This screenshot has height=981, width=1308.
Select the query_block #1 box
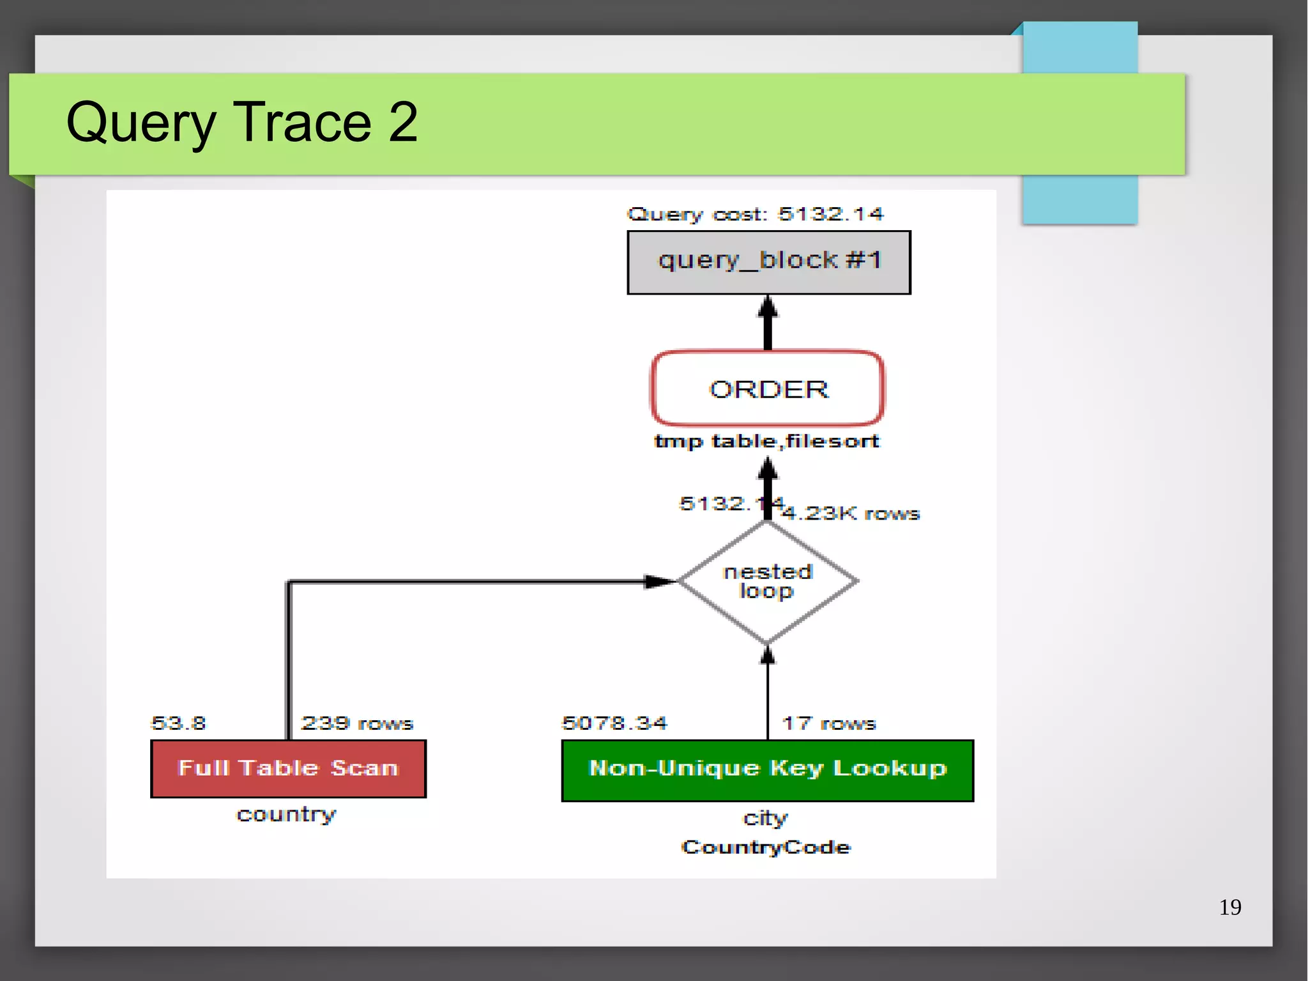click(x=768, y=262)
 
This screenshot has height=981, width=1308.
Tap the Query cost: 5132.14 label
click(x=755, y=214)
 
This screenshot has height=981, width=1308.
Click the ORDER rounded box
click(x=768, y=389)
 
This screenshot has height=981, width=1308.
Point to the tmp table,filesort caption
click(x=766, y=441)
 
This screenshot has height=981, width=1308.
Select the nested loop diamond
click(x=767, y=581)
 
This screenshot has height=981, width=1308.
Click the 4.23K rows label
click(x=851, y=513)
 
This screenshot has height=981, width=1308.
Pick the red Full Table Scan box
click(x=288, y=768)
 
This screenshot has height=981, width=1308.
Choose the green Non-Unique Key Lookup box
click(x=767, y=769)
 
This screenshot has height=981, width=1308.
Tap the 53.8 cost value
click(x=178, y=723)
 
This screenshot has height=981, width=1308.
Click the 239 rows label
click(x=357, y=723)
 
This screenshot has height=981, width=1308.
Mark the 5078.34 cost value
click(x=614, y=723)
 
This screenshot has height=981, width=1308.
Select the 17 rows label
click(x=828, y=723)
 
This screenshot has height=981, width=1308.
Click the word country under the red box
click(x=286, y=814)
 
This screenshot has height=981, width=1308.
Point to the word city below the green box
click(x=765, y=818)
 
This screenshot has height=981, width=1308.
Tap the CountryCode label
click(x=766, y=847)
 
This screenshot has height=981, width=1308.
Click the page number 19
click(x=1229, y=907)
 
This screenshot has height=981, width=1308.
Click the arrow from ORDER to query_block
click(x=768, y=323)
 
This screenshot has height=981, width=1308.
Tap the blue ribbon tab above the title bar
click(x=1079, y=48)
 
